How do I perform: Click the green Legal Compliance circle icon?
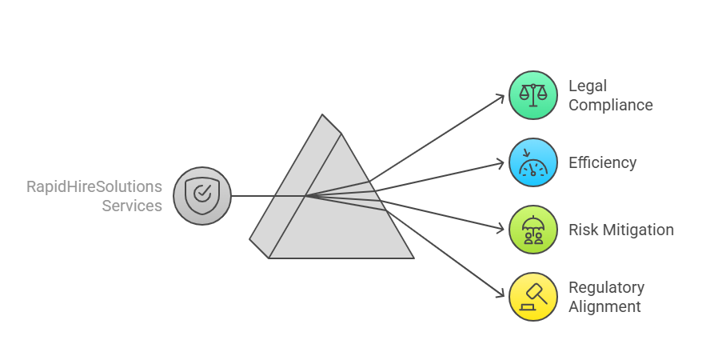(x=533, y=95)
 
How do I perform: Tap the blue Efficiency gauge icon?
(x=533, y=162)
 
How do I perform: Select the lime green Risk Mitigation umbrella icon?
(x=533, y=230)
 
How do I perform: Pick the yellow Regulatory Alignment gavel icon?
(x=533, y=297)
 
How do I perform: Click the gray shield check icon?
(x=202, y=195)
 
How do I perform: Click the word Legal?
(x=588, y=86)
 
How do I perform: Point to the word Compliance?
(x=611, y=105)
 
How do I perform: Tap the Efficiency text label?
(x=603, y=162)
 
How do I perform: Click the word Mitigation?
(x=637, y=230)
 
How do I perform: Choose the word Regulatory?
(x=606, y=287)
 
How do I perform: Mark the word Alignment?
(x=604, y=306)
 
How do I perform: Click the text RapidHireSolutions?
(x=94, y=186)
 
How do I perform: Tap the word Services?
(x=132, y=206)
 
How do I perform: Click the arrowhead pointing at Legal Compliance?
(x=501, y=98)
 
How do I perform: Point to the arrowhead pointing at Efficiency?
(x=501, y=163)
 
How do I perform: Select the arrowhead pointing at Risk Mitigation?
(x=501, y=229)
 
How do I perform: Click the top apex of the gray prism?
(x=323, y=115)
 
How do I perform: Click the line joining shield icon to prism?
(x=256, y=196)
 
